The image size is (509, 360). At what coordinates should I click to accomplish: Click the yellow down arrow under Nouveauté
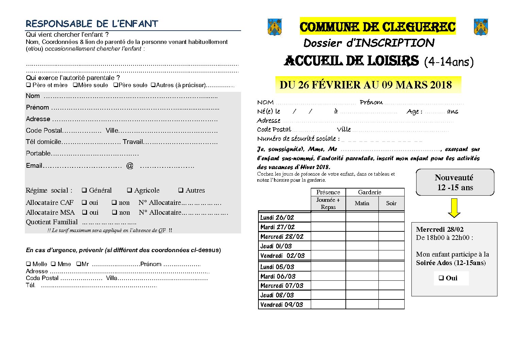pyautogui.click(x=454, y=208)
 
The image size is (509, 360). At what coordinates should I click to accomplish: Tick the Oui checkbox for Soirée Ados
pyautogui.click(x=441, y=278)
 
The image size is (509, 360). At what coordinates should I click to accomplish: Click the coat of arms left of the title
pyautogui.click(x=275, y=27)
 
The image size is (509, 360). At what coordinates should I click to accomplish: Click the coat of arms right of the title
pyautogui.click(x=481, y=27)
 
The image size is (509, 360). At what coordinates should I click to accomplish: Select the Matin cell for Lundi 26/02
pyautogui.click(x=362, y=217)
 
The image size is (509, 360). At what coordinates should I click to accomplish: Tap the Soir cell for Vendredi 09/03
pyautogui.click(x=391, y=304)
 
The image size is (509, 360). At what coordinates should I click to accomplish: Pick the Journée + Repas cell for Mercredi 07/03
pyautogui.click(x=328, y=285)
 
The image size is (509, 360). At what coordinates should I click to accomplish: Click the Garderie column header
pyautogui.click(x=370, y=192)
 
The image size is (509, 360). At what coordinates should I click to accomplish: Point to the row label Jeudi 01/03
pyautogui.click(x=276, y=246)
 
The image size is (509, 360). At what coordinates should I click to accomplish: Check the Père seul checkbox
pyautogui.click(x=116, y=85)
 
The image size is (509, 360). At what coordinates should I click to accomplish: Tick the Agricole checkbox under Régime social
pyautogui.click(x=130, y=190)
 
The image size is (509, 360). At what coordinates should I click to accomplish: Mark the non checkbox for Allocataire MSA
pyautogui.click(x=114, y=212)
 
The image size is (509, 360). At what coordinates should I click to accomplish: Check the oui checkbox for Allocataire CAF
pyautogui.click(x=84, y=202)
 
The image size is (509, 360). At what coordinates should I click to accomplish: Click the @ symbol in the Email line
pyautogui.click(x=130, y=166)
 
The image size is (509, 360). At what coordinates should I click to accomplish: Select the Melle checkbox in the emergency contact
pyautogui.click(x=28, y=264)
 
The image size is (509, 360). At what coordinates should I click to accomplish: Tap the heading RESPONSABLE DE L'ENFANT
pyautogui.click(x=92, y=24)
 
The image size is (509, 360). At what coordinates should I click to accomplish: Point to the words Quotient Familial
pyautogui.click(x=52, y=222)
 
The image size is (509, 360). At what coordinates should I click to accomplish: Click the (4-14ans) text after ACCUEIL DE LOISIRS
pyautogui.click(x=449, y=62)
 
